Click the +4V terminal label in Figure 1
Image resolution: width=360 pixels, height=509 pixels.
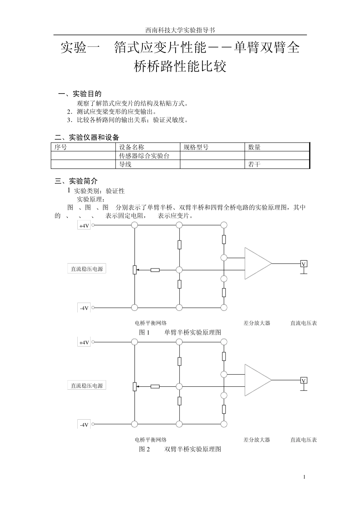[84, 226]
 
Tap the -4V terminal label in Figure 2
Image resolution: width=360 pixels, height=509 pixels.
[84, 425]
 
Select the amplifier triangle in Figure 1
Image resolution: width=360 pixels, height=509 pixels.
[257, 263]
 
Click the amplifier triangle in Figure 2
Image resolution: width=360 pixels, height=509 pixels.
[257, 380]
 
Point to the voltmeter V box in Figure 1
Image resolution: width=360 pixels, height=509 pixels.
[304, 264]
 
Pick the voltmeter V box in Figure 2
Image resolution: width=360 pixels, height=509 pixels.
[304, 381]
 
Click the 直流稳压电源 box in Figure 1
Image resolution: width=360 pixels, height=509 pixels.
[87, 269]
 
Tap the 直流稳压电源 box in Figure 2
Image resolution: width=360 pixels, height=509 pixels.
[87, 386]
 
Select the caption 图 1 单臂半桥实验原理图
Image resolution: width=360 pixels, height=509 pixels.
[180, 332]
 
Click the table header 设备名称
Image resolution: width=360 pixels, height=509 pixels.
[131, 147]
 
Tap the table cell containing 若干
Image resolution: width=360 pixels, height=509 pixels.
[254, 164]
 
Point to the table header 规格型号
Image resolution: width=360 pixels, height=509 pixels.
[196, 147]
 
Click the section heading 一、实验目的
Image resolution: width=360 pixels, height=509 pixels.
[80, 94]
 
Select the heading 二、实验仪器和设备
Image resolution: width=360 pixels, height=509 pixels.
[87, 137]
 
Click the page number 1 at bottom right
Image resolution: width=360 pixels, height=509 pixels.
[304, 477]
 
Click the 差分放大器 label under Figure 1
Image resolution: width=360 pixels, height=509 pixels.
[257, 323]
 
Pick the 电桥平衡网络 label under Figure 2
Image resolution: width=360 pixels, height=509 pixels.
[151, 440]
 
